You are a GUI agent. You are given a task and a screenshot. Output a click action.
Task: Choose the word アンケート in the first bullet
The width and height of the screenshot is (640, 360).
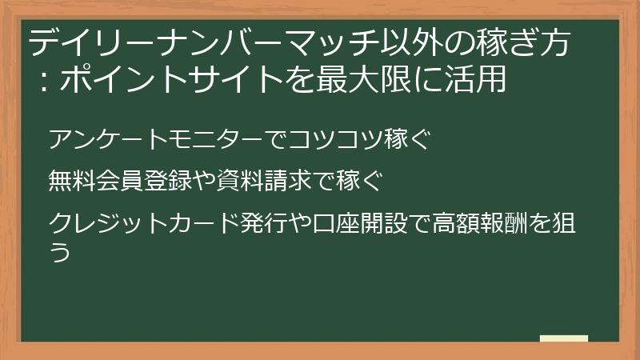click(100, 138)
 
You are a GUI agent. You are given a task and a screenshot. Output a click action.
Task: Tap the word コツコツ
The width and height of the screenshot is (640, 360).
click(326, 138)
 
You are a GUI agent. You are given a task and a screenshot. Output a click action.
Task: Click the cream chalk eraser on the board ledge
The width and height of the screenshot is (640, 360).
click(563, 339)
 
